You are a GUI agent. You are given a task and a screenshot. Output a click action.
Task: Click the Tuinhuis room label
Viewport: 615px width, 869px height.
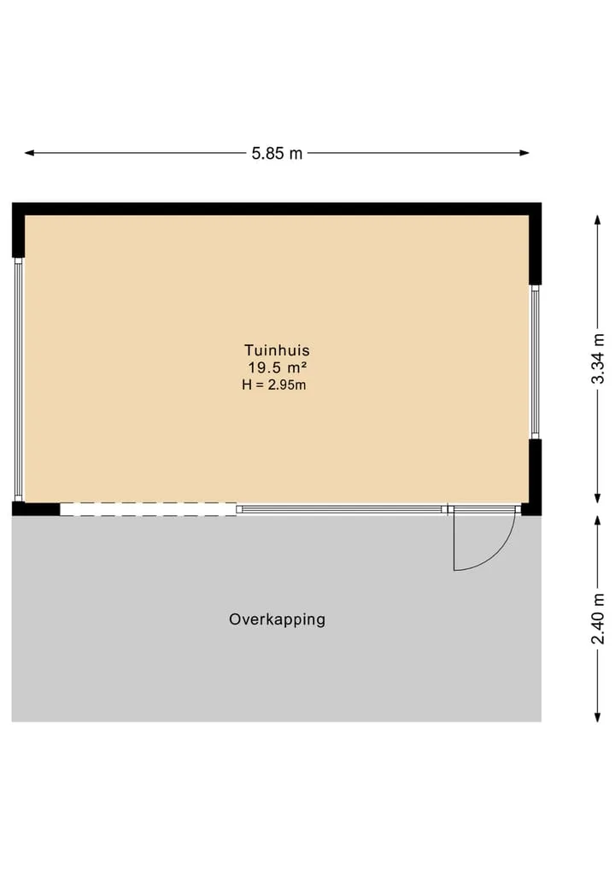click(x=277, y=350)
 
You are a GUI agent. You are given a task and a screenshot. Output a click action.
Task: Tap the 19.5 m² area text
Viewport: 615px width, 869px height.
click(x=277, y=367)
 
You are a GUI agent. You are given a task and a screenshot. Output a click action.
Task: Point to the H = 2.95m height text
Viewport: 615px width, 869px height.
click(x=273, y=385)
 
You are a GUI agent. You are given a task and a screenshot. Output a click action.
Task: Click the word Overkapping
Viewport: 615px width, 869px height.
click(x=277, y=619)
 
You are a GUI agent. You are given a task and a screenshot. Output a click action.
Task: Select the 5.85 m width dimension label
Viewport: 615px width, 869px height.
click(x=277, y=153)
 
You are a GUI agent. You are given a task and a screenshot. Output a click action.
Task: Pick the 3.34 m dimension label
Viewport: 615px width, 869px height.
click(x=598, y=359)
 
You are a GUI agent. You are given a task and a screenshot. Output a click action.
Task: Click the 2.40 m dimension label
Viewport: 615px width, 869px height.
click(x=598, y=619)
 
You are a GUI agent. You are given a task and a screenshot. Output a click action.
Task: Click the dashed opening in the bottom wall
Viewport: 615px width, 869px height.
click(x=149, y=509)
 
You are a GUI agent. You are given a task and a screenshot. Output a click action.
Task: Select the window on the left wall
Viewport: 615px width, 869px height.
click(x=18, y=379)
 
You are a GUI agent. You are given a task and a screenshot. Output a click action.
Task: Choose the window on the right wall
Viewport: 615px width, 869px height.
click(x=536, y=362)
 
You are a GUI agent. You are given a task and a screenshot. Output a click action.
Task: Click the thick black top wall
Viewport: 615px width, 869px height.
click(x=277, y=209)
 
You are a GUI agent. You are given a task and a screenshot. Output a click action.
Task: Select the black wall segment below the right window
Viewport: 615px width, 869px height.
click(x=536, y=477)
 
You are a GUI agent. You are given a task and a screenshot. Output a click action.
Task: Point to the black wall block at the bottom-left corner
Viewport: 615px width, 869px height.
click(x=36, y=508)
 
